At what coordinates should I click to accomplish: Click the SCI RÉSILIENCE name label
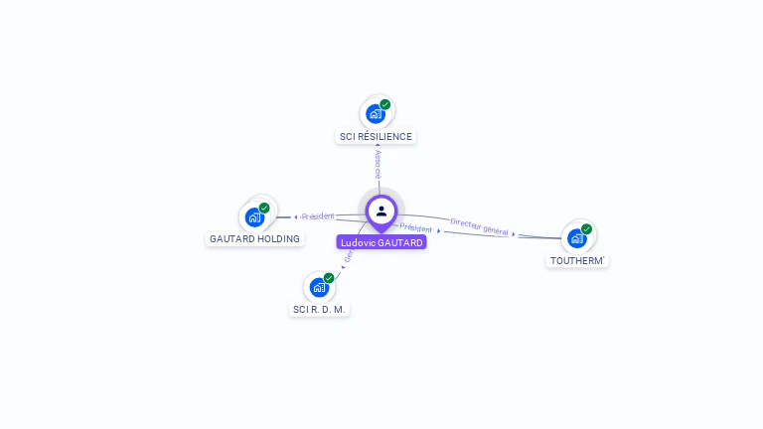376,136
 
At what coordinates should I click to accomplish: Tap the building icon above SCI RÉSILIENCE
375,113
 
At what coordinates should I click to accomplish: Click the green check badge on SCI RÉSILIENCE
385,104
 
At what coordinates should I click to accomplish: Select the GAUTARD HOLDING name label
255,239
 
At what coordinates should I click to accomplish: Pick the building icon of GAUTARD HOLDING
254,216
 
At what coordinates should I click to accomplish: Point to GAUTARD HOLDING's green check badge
264,208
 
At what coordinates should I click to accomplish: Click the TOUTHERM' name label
577,260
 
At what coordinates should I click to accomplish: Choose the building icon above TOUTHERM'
576,238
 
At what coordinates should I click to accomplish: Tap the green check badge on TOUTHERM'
586,229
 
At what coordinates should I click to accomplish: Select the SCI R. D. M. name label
320,309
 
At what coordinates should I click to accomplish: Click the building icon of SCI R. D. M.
319,287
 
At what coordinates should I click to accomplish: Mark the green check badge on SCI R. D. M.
329,278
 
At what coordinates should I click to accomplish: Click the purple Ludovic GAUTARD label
381,242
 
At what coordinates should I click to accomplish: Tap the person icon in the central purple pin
381,211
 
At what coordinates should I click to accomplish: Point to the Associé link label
378,165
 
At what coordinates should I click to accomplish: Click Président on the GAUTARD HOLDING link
318,215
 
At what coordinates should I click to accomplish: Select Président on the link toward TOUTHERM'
416,228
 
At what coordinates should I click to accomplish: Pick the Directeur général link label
479,227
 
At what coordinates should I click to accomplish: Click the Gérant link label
349,256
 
